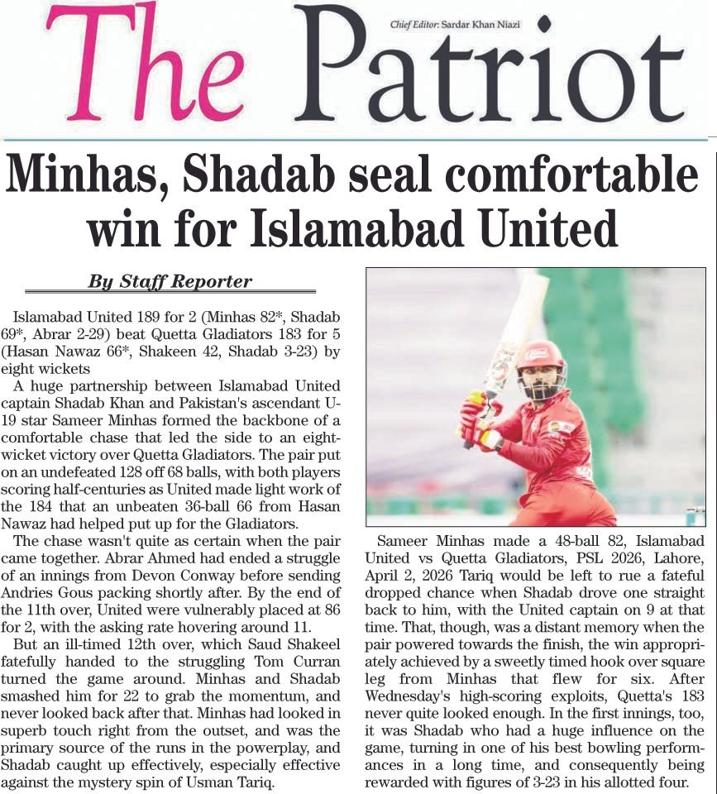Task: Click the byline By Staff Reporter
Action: [x=170, y=281]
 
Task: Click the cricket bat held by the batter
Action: [x=517, y=331]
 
